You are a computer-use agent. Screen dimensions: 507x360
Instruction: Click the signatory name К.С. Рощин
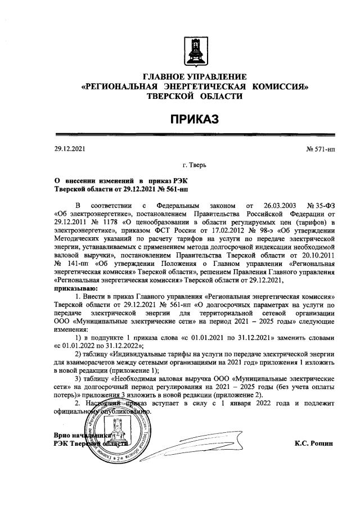[313, 442]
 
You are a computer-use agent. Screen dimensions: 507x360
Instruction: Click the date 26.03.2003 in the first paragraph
[276, 206]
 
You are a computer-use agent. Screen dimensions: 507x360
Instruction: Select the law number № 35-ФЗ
[321, 206]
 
